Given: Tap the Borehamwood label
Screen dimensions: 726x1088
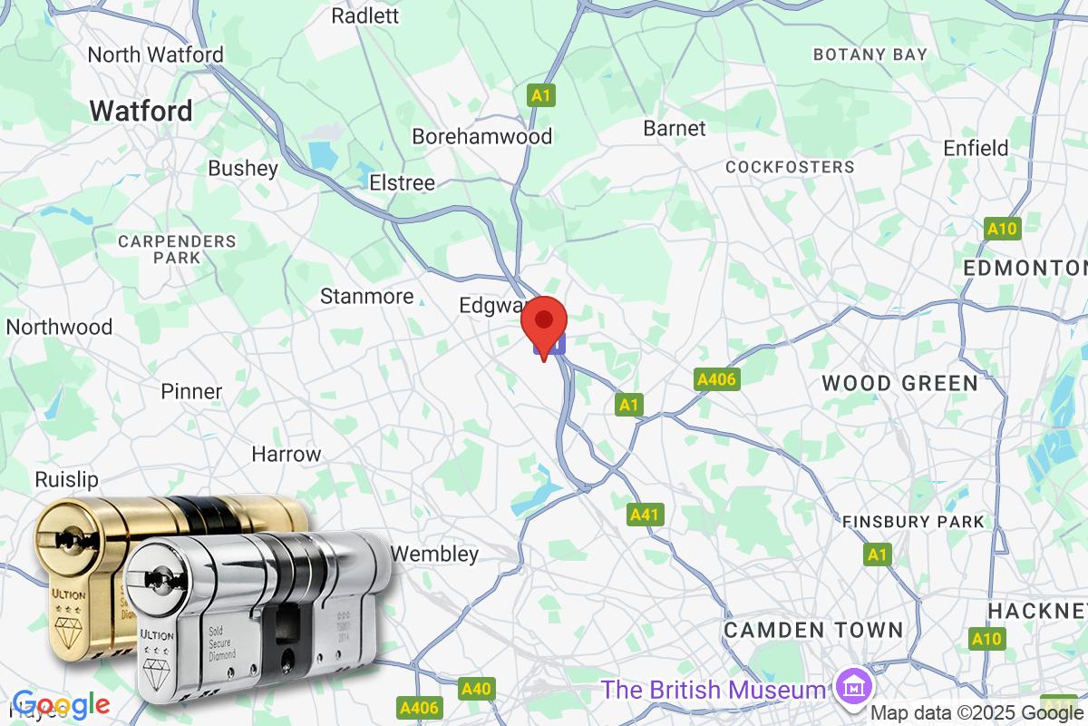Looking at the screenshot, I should [x=481, y=136].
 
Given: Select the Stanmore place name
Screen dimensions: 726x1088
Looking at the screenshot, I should [x=366, y=296].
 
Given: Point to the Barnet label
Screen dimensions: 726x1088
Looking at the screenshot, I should [x=674, y=128].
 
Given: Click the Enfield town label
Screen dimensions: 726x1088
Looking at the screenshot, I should [x=976, y=148].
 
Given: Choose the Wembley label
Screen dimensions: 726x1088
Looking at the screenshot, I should [x=434, y=554].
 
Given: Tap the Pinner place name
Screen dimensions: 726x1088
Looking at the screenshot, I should [x=191, y=391].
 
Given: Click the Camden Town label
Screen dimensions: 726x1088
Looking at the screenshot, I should [x=812, y=630].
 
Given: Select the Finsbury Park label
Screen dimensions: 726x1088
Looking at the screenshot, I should [x=912, y=522].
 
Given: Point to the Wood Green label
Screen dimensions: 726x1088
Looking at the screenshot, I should [x=899, y=383].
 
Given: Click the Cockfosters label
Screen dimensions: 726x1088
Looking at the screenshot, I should [x=790, y=167].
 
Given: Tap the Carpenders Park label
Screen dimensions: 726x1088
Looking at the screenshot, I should [x=178, y=250].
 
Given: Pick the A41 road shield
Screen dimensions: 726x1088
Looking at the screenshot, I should [x=644, y=515].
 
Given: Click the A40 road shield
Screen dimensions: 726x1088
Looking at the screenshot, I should [x=475, y=690].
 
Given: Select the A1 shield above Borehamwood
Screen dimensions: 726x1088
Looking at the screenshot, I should [x=541, y=95].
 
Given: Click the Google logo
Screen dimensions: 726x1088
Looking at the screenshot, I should [x=61, y=704].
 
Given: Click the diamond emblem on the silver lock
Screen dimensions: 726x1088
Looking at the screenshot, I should [x=155, y=673].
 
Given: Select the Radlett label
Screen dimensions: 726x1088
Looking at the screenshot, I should [x=364, y=15].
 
